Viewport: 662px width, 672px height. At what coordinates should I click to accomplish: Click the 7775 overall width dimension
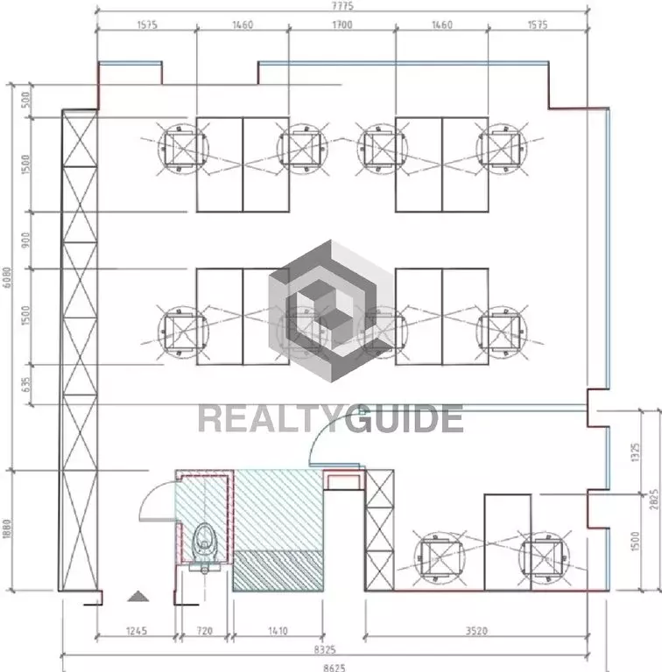(x=342, y=5)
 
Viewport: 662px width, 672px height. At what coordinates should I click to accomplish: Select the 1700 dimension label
(x=342, y=24)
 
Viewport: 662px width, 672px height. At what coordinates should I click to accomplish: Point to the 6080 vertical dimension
(x=7, y=276)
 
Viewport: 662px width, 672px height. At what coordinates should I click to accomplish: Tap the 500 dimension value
(x=25, y=100)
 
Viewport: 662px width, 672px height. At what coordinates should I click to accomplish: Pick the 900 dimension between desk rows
(x=25, y=240)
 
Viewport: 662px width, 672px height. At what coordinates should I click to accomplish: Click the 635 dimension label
(x=25, y=385)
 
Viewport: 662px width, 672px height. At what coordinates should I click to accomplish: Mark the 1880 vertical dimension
(x=7, y=529)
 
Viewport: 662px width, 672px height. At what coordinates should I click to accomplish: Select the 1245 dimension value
(x=137, y=631)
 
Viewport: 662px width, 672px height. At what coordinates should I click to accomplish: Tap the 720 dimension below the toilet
(x=205, y=631)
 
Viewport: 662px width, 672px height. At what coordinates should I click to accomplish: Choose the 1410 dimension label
(x=278, y=631)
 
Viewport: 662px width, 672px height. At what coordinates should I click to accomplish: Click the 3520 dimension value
(x=476, y=631)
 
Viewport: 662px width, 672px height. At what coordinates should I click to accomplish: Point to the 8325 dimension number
(x=325, y=650)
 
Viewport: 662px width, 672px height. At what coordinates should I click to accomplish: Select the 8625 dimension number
(x=334, y=668)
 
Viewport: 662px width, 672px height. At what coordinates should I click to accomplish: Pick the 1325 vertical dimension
(x=636, y=452)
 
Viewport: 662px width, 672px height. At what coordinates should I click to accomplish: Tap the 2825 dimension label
(x=654, y=500)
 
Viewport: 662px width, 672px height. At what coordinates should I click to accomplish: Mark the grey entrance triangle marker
(x=138, y=596)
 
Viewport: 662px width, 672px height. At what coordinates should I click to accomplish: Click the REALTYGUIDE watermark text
(x=331, y=418)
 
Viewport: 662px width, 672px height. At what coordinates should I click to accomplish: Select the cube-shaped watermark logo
(x=331, y=311)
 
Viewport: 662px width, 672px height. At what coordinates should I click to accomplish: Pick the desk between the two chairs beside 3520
(x=508, y=542)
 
